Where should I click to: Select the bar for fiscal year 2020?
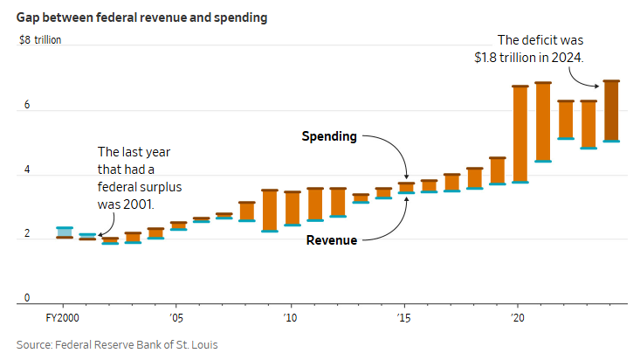point(520,135)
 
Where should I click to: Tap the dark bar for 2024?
point(611,111)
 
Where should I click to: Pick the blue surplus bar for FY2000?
point(65,232)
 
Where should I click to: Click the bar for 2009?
point(270,211)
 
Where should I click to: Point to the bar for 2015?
point(406,188)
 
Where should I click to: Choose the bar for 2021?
point(543,122)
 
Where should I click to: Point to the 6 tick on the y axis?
point(27,106)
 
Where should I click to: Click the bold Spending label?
point(329,136)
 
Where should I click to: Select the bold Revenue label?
point(331,239)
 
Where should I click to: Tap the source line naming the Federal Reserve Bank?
point(117,345)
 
